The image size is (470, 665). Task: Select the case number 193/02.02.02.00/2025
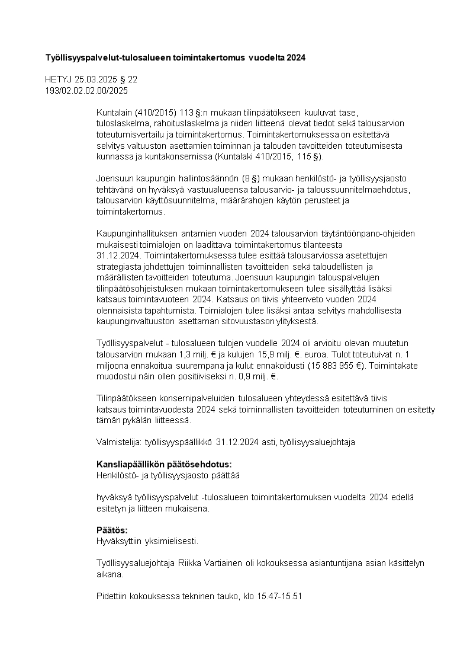click(86, 91)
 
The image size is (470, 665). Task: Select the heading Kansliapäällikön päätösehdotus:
click(163, 464)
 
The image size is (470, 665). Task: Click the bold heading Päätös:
click(112, 530)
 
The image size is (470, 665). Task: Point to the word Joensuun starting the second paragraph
click(113, 178)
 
